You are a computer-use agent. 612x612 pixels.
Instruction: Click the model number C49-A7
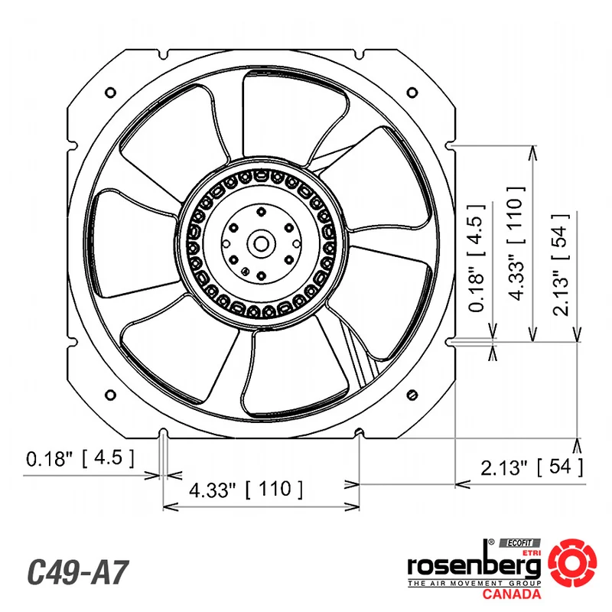77,572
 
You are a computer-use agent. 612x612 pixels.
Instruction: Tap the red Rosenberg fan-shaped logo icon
572,562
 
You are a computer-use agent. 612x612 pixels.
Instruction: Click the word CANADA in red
511,594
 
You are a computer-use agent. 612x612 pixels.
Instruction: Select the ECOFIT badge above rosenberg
520,543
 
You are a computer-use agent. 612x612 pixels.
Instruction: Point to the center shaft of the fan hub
261,244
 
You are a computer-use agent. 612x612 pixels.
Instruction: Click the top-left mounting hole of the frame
110,93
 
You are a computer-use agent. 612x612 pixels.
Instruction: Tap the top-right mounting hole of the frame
412,93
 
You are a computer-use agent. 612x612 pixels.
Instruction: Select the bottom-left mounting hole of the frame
110,395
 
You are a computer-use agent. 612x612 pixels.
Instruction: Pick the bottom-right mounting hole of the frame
412,395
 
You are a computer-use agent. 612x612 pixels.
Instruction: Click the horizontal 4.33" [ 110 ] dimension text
246,490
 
